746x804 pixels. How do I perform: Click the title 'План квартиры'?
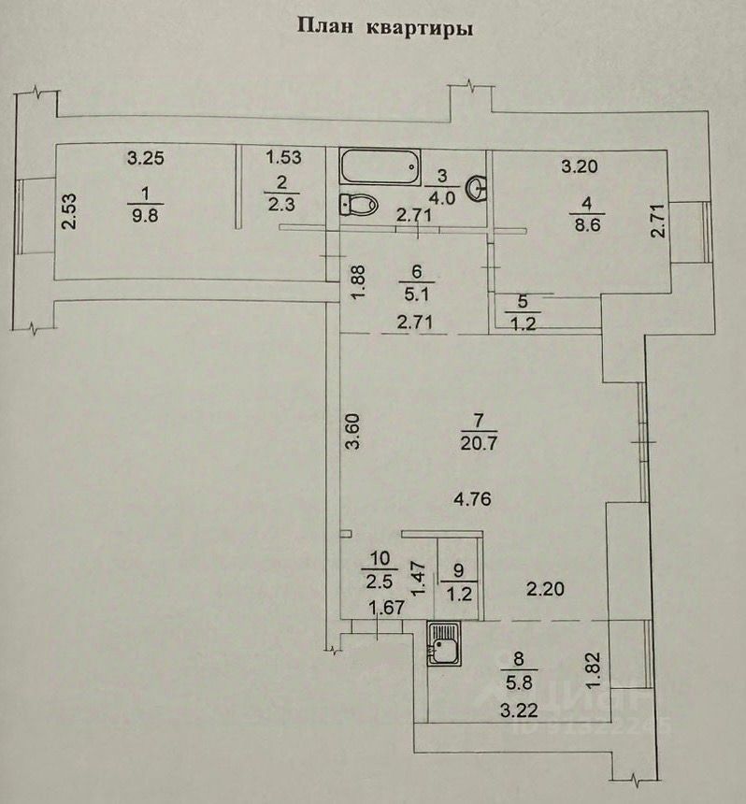tap(384, 27)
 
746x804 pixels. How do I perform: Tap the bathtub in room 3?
tap(379, 168)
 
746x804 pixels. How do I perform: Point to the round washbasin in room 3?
tap(480, 187)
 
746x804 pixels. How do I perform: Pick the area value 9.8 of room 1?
tap(145, 214)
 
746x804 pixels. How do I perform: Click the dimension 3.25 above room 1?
tap(145, 158)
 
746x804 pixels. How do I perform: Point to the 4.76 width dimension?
tap(473, 499)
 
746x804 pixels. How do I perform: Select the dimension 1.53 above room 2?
tap(283, 158)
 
